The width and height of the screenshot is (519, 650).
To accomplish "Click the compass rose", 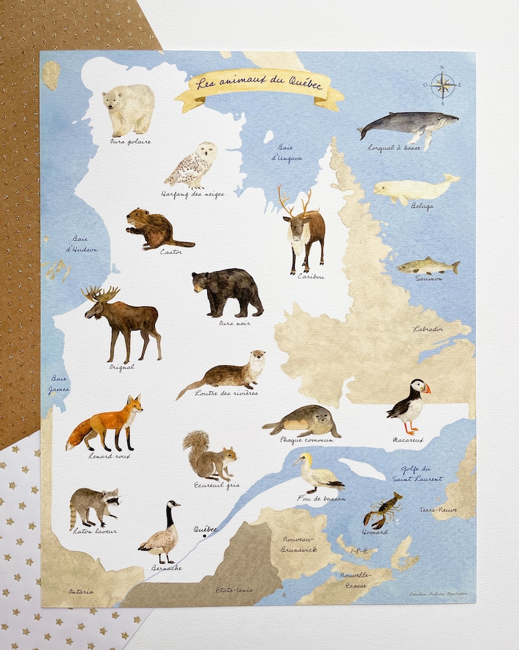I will tap(443, 85).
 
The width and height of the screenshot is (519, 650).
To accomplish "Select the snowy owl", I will tap(193, 165).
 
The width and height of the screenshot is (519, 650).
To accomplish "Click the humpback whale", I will tap(408, 125).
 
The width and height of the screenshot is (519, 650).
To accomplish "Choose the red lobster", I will tap(382, 510).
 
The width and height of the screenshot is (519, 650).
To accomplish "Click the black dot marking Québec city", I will tap(205, 536).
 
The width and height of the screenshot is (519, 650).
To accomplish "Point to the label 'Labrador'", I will tap(428, 329).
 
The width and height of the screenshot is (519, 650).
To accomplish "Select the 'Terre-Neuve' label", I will tap(438, 509).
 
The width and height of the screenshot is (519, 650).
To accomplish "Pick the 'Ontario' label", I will tap(81, 591).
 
